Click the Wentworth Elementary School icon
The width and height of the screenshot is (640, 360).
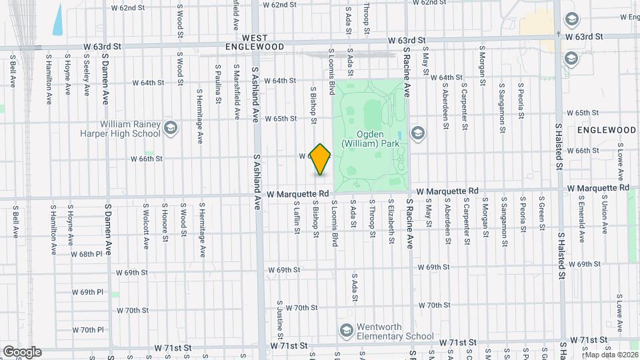pyautogui.click(x=346, y=330)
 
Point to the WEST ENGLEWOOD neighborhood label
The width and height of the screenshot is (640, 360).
pyautogui.click(x=263, y=43)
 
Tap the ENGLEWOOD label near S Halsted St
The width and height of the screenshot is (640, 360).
pyautogui.click(x=607, y=129)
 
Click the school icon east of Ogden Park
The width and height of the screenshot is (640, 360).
pyautogui.click(x=418, y=133)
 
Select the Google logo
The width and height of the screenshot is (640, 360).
pyautogui.click(x=21, y=352)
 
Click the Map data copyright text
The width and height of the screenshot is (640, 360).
pyautogui.click(x=611, y=355)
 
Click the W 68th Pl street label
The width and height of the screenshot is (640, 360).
pyautogui.click(x=91, y=254)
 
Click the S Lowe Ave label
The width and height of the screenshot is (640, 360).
pyautogui.click(x=620, y=165)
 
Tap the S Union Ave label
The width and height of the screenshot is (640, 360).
pyautogui.click(x=605, y=215)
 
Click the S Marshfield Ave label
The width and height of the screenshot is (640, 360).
pyautogui.click(x=237, y=91)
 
